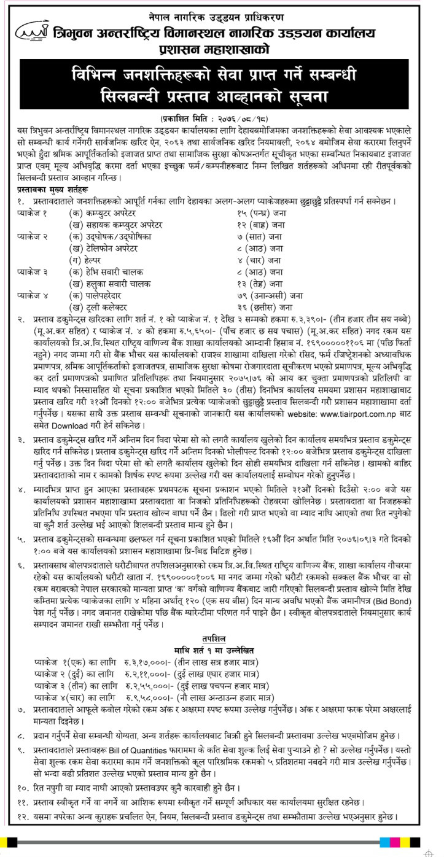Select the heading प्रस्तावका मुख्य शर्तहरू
pos(56,190)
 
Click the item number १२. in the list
pos(24,816)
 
